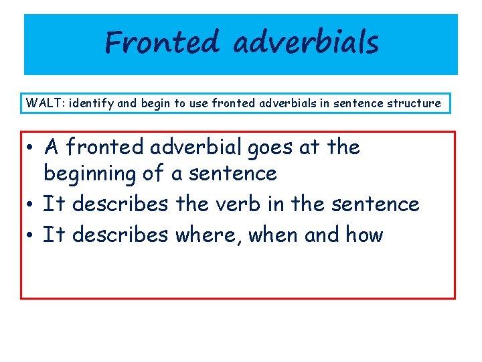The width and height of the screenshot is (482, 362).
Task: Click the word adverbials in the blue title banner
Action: point(306,44)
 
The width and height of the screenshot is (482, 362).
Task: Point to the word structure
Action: point(414,103)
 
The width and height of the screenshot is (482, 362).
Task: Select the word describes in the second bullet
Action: point(120,204)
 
